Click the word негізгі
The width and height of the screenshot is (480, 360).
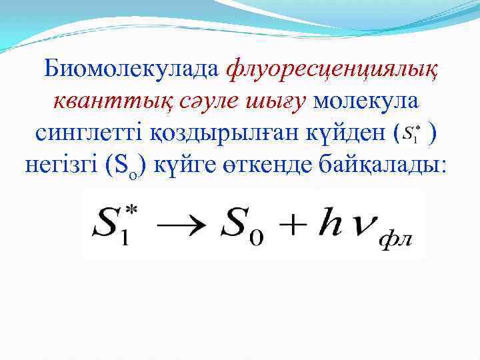click(x=61, y=166)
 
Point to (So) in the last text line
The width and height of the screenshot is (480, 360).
click(x=126, y=166)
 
